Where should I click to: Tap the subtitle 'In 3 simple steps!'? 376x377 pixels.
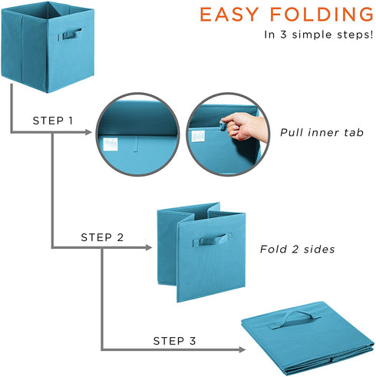pyautogui.click(x=318, y=35)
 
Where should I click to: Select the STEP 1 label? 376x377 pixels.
pyautogui.click(x=53, y=121)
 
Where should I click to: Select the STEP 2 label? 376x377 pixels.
pyautogui.click(x=102, y=237)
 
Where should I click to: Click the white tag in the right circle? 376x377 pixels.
pyautogui.click(x=199, y=136)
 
